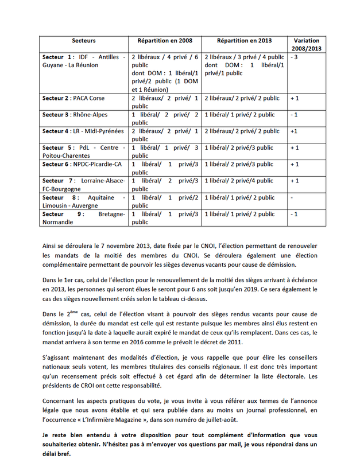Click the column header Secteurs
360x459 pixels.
pyautogui.click(x=84, y=41)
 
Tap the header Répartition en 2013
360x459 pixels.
pyautogui.click(x=244, y=41)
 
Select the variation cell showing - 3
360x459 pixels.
pyautogui.click(x=295, y=57)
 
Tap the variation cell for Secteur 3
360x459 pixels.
pyautogui.click(x=295, y=115)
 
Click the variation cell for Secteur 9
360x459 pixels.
pyautogui.click(x=295, y=214)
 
